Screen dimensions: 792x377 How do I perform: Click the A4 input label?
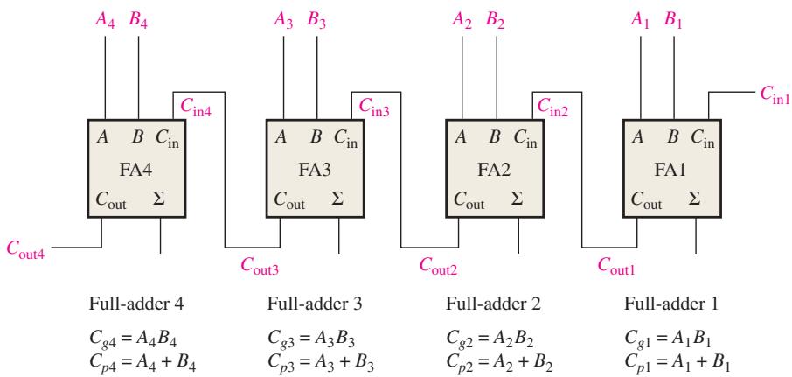coord(105,21)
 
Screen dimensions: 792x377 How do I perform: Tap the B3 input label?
coord(317,21)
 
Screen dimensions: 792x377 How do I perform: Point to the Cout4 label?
coord(25,249)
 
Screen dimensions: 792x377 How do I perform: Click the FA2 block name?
coord(494,170)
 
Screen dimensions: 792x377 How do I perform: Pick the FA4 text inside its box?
coord(136,170)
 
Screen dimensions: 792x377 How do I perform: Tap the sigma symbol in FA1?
coord(695,199)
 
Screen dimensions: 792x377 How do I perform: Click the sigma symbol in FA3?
coord(337,199)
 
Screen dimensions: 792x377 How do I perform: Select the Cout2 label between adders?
coord(439,265)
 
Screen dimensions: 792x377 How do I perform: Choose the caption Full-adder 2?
coord(493,304)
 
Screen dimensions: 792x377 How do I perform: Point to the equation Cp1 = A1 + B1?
coord(677,362)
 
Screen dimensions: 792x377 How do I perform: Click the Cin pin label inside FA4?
coord(167,138)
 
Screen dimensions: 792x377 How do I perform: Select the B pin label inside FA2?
coord(495,137)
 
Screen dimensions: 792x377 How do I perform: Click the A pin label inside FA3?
coord(281,137)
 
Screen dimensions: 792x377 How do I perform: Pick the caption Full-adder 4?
coord(136,304)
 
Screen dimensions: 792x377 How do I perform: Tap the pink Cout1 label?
coord(616,265)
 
